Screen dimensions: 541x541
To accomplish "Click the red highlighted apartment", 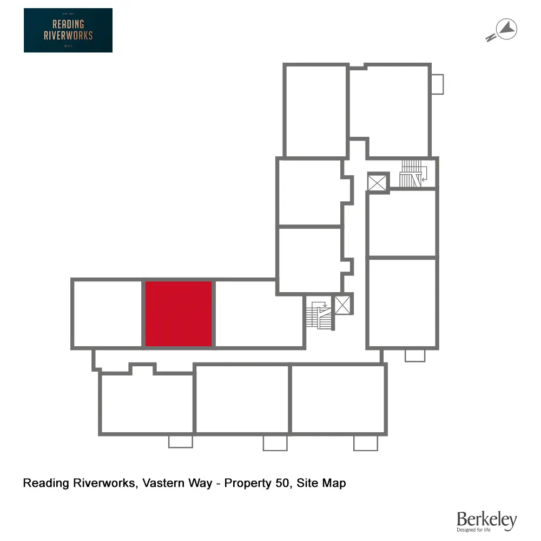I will pos(179,314).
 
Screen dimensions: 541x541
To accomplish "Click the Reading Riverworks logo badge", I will pos(68,30).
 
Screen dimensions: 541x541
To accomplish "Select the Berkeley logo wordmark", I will pos(486,520).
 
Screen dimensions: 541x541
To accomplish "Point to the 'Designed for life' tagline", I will pos(474,530).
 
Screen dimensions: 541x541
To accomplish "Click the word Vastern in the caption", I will pos(161,483).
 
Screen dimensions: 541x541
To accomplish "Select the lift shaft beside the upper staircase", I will pos(378,182).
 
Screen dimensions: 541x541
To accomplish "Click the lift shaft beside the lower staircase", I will pos(343,305).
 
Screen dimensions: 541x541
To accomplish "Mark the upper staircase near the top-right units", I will pos(412,173).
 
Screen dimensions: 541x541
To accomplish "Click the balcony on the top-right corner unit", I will pos(437,84).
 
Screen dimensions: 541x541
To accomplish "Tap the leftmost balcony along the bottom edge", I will pos(181,441).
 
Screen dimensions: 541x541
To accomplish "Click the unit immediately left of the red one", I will pos(107,314).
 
